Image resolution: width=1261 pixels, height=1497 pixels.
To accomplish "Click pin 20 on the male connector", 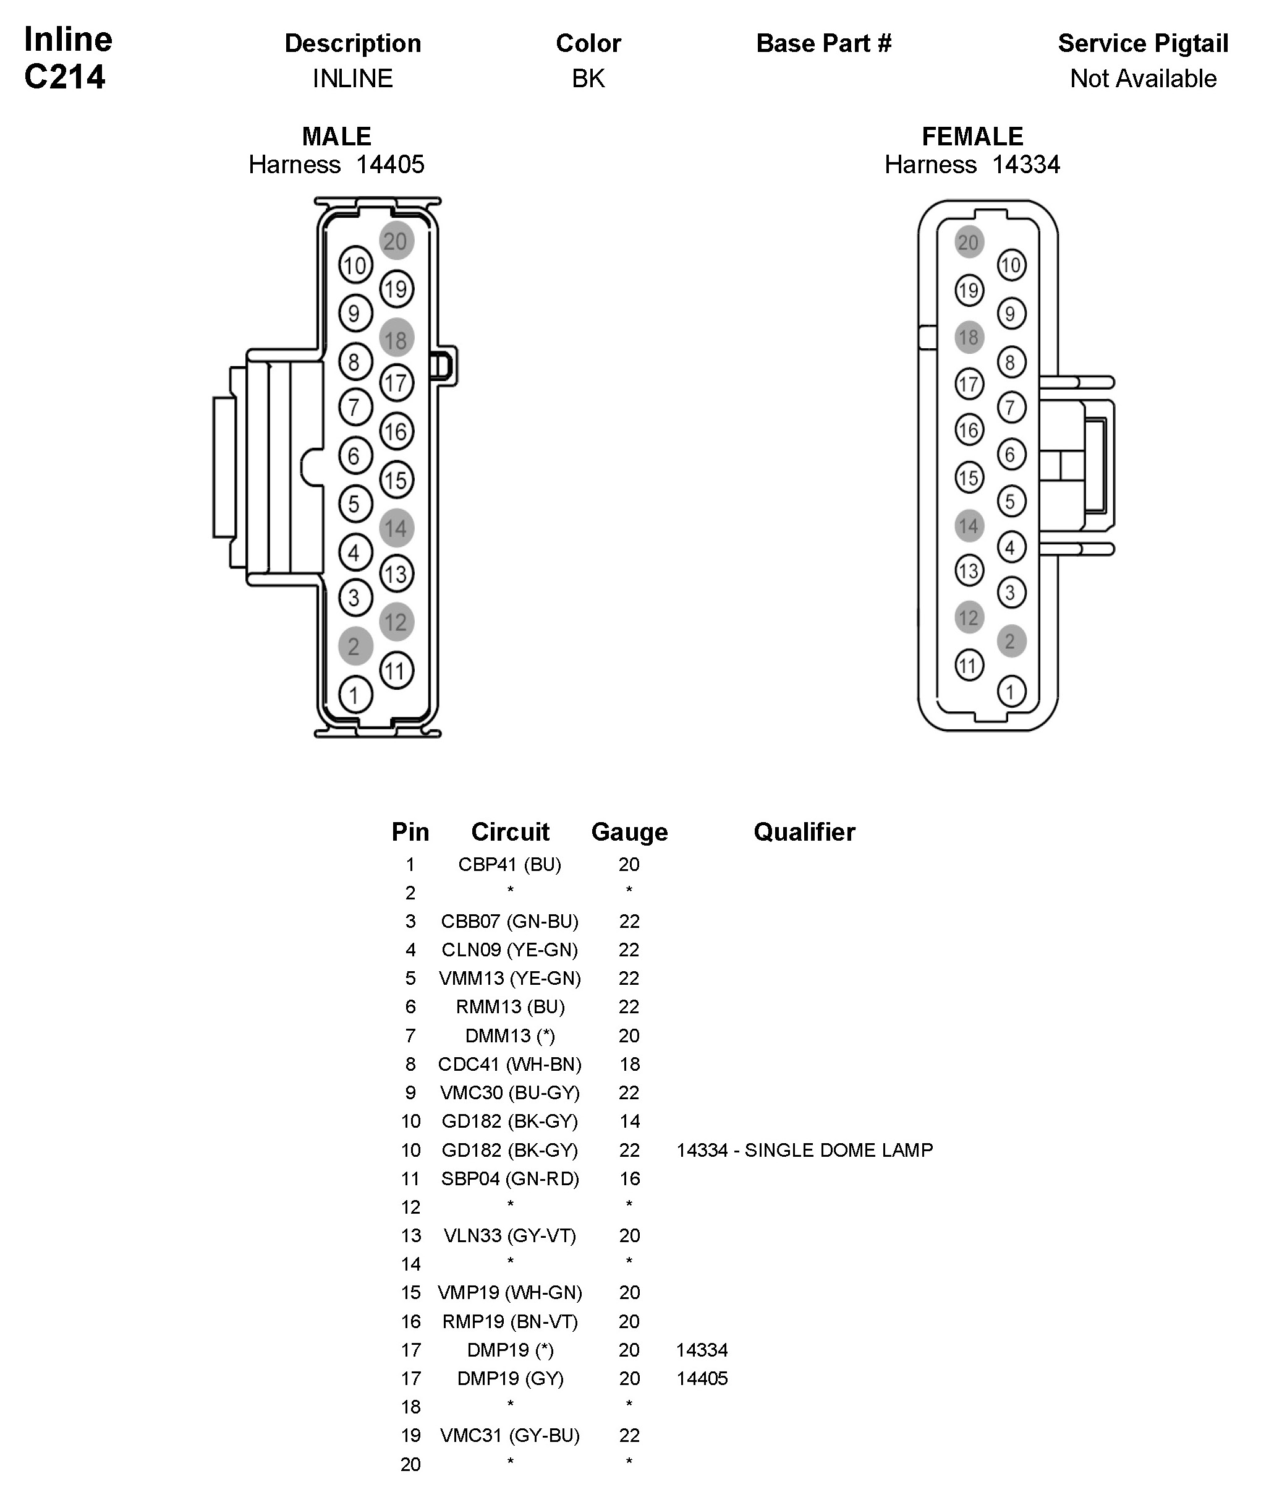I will (x=396, y=241).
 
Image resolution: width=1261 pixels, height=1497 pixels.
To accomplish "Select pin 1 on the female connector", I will (x=1011, y=692).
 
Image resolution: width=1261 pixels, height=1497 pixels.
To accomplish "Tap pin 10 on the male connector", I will (x=355, y=266).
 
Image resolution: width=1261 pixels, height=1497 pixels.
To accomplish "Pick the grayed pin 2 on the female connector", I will (x=1011, y=641).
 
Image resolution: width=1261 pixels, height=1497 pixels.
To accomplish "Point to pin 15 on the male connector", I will (x=396, y=480).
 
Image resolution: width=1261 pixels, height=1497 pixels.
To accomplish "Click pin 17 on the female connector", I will (x=969, y=384).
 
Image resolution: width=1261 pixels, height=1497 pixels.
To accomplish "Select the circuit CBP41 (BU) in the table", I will (x=510, y=864).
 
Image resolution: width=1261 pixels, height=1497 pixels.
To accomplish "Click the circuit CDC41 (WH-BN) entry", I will (x=510, y=1064).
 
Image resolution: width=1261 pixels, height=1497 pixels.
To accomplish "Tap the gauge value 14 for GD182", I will (x=629, y=1121).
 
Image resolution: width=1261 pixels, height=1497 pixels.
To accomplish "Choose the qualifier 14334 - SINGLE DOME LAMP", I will (x=804, y=1150).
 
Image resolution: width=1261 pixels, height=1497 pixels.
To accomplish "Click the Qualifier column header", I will (x=804, y=832).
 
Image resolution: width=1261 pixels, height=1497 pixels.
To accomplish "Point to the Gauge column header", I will (x=629, y=832).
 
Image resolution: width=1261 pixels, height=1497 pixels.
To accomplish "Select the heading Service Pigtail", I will (x=1142, y=44).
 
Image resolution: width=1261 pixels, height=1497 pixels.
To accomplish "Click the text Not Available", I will (x=1142, y=79).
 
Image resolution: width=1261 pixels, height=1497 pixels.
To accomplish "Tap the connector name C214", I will (x=65, y=77).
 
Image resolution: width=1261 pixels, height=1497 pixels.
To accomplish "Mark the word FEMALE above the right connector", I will (x=972, y=136).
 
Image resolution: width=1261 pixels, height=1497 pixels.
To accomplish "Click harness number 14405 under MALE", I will (x=389, y=165).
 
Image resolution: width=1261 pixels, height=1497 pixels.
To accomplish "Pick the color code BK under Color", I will (x=588, y=79).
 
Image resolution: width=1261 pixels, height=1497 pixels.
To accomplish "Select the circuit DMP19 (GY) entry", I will (x=510, y=1378).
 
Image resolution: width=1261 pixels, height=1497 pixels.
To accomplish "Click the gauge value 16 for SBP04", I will (x=629, y=1178).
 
